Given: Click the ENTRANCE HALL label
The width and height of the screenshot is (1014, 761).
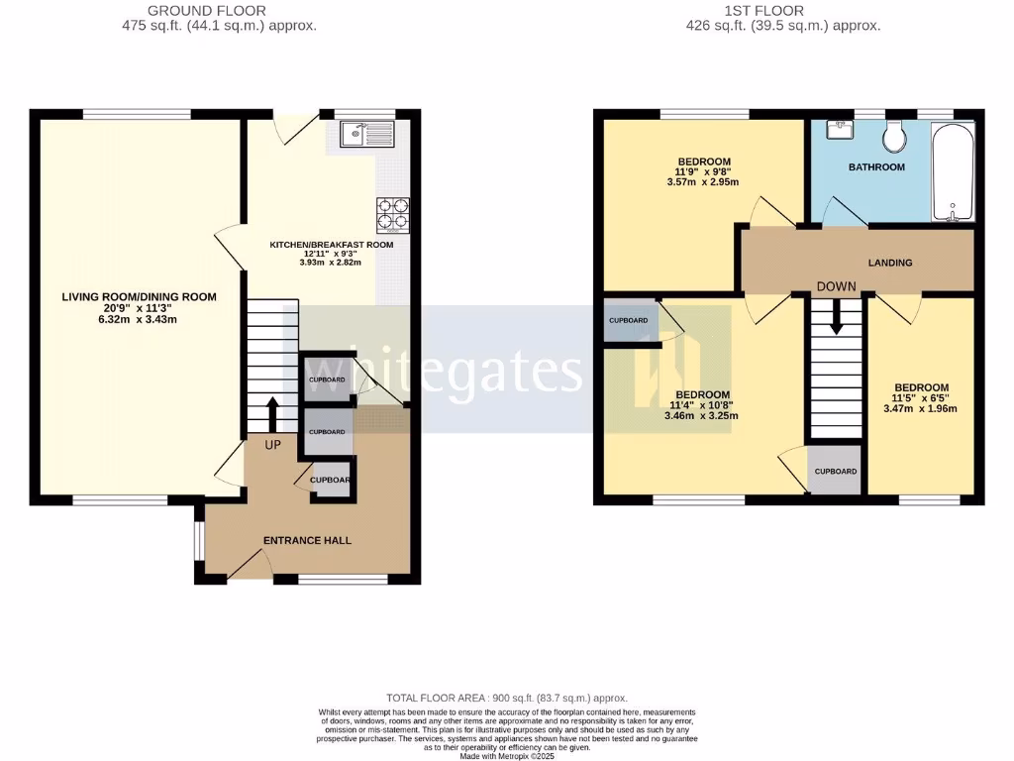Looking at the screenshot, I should (307, 540).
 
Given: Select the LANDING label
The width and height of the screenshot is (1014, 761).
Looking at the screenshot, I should (890, 263).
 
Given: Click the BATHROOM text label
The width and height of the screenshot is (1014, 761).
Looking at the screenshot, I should (876, 167).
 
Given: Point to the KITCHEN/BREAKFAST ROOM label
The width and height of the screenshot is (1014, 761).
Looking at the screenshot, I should (332, 245).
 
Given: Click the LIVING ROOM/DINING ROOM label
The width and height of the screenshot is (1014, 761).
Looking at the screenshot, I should (139, 296).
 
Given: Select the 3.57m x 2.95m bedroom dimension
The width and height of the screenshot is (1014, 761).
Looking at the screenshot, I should (704, 182).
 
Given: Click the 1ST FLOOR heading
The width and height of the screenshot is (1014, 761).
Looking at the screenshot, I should (781, 10).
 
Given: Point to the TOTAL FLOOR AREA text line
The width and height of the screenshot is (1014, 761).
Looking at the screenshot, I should (506, 699).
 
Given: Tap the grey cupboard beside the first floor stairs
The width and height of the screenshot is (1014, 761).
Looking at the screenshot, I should (836, 472).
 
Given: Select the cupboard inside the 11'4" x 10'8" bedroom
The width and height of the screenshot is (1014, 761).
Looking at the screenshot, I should (629, 321).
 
